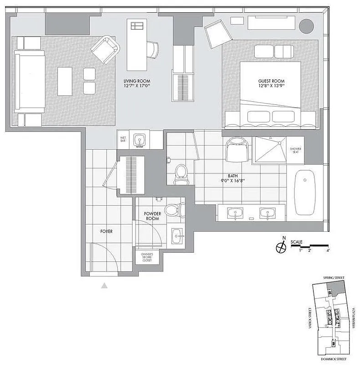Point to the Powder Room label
point(152,216)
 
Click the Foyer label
point(106,231)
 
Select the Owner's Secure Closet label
point(146,257)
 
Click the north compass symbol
point(281,247)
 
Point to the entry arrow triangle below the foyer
point(104,286)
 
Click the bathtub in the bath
point(305,192)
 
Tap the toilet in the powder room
point(174,209)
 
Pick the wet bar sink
point(139,140)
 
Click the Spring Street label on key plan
point(333,278)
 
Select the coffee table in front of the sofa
point(65,81)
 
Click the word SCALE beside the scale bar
point(296,242)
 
